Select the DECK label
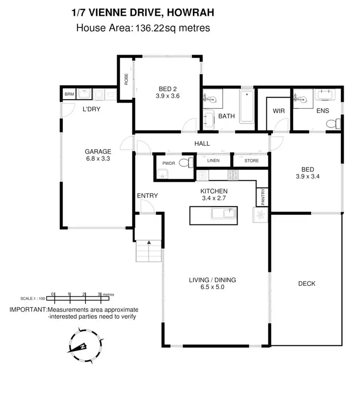306,283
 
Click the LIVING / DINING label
212,280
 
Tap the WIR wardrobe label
279,110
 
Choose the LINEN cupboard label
213,161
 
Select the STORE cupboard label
251,161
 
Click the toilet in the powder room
185,163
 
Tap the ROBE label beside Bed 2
126,79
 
